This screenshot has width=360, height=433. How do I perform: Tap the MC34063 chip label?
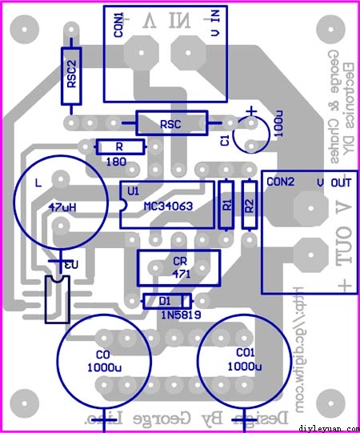tap(167, 206)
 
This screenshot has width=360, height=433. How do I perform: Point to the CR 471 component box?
tap(178, 267)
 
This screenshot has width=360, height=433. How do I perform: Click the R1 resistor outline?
tap(226, 205)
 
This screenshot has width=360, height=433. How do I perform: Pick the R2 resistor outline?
tap(249, 205)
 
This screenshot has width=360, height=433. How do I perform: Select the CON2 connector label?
tap(281, 182)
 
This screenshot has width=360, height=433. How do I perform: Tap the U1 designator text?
tap(133, 190)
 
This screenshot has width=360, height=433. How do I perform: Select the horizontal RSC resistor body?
tap(171, 124)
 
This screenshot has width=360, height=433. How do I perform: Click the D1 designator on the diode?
tap(165, 301)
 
